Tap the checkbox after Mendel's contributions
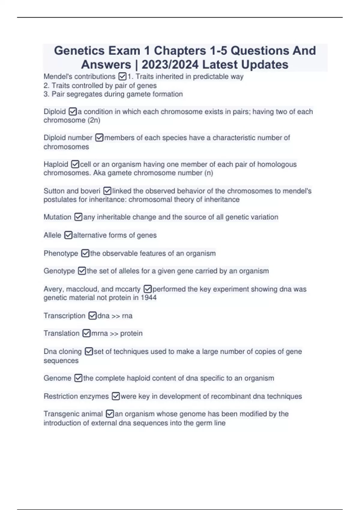122,77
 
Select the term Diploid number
68,138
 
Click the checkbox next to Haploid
75,164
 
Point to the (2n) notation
94,120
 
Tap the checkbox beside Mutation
78,217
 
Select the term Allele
52,235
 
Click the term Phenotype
61,253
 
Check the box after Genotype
82,271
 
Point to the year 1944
148,298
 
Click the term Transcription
64,316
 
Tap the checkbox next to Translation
86,333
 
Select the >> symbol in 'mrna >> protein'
114,333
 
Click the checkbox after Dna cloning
89,351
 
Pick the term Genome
57,378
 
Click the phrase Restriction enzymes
76,396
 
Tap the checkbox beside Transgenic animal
110,414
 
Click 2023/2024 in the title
170,64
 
